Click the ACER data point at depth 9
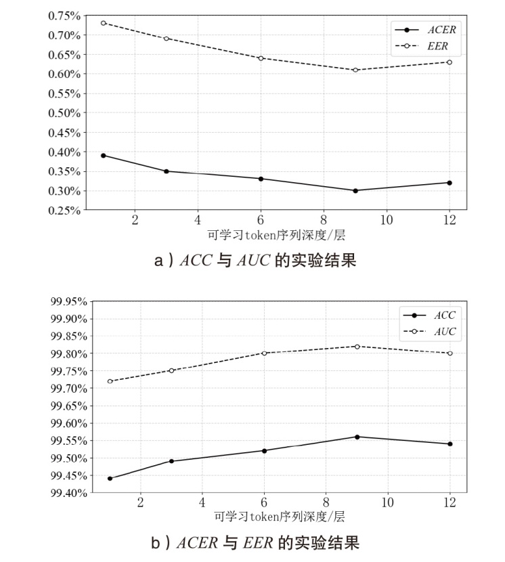point(355,190)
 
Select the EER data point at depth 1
point(103,23)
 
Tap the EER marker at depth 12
point(449,62)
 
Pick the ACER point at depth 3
point(166,171)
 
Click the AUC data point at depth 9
point(357,347)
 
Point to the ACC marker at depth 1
point(110,478)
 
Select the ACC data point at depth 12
point(449,444)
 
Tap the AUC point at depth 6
point(265,353)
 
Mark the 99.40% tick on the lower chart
point(66,493)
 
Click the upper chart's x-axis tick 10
point(387,220)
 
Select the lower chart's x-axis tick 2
point(140,502)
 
